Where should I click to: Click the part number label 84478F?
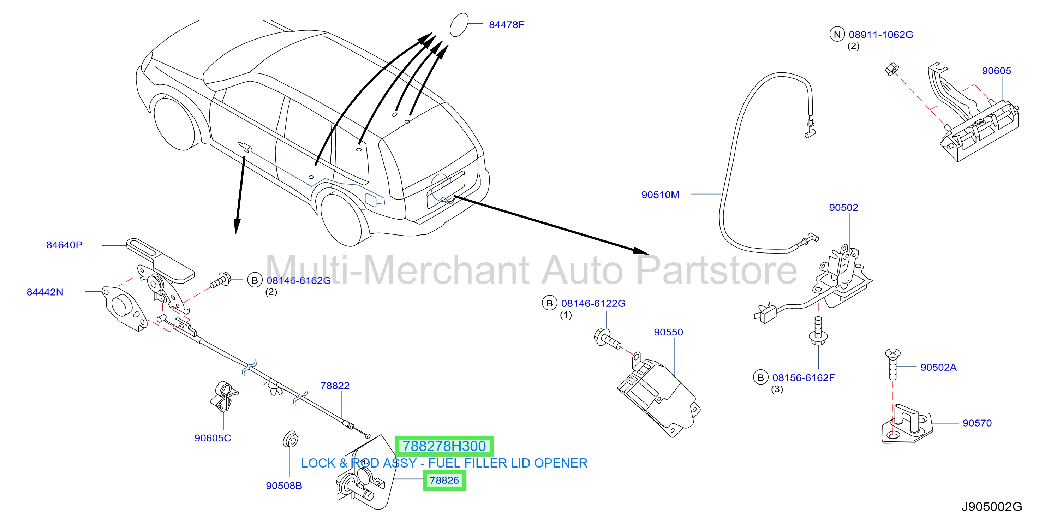pyautogui.click(x=506, y=25)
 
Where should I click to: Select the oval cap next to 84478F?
pyautogui.click(x=459, y=25)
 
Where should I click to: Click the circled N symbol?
pyautogui.click(x=837, y=34)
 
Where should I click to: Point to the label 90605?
pyautogui.click(x=996, y=71)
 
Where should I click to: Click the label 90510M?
pyautogui.click(x=660, y=195)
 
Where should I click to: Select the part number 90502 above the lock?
pyautogui.click(x=843, y=208)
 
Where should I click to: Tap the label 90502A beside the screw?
pyautogui.click(x=938, y=367)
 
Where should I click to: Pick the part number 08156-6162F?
pyautogui.click(x=803, y=377)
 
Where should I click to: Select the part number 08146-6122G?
pyautogui.click(x=593, y=303)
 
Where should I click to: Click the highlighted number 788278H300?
pyautogui.click(x=444, y=446)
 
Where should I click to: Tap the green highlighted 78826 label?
pyautogui.click(x=444, y=480)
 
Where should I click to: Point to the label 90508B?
pyautogui.click(x=283, y=486)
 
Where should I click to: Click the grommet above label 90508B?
pyautogui.click(x=290, y=439)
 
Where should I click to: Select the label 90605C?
pyautogui.click(x=213, y=438)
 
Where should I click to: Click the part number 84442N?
pyautogui.click(x=44, y=292)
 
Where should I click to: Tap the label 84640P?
pyautogui.click(x=64, y=245)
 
